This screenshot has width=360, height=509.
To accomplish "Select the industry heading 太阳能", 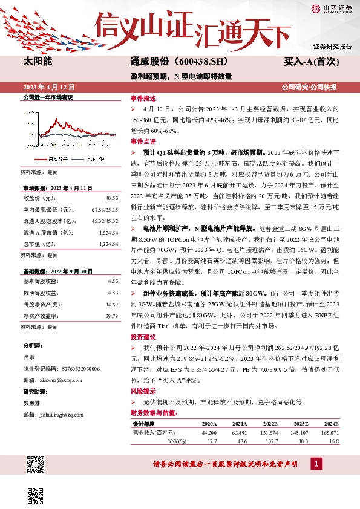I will click(x=38, y=62).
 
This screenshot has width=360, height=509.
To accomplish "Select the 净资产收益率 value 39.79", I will click(x=111, y=316).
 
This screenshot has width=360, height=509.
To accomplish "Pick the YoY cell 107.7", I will click(x=270, y=441).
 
